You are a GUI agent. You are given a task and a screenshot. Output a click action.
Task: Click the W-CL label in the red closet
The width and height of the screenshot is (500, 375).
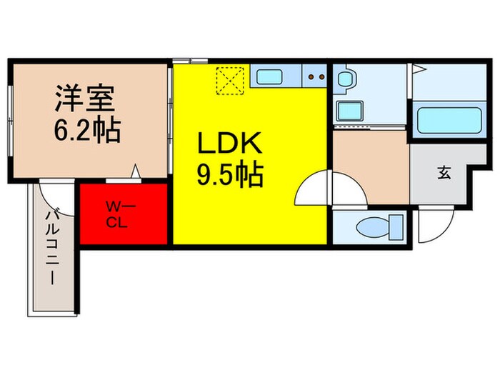tap(118, 214)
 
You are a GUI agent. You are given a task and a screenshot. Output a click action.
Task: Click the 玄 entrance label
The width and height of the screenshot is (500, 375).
tap(444, 174)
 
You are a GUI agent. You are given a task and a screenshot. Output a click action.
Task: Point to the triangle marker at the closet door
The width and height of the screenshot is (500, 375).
tap(134, 171)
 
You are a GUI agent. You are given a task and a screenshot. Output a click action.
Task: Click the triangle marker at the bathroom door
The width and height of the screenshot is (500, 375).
tap(419, 69)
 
